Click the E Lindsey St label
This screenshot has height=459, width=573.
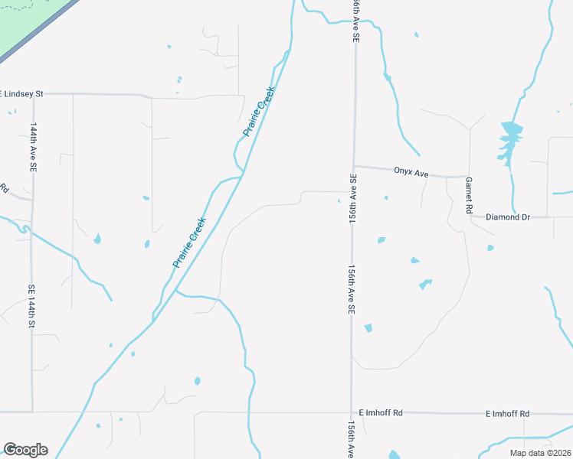coord(22,93)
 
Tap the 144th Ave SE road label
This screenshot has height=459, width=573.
coord(33,145)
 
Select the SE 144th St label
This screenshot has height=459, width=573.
coord(32,306)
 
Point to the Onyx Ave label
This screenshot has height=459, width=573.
coord(411,173)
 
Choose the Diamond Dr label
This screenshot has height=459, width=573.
coord(509,217)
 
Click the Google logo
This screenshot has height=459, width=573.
coord(25,449)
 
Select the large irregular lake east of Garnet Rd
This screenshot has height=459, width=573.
coord(507,142)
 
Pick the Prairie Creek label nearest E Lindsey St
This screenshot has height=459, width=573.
coord(259,111)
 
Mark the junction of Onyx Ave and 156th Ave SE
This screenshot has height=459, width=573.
coord(353,166)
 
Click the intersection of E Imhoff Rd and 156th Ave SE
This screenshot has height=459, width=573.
coord(352,412)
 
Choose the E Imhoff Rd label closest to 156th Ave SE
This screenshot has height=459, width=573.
coord(386,413)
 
